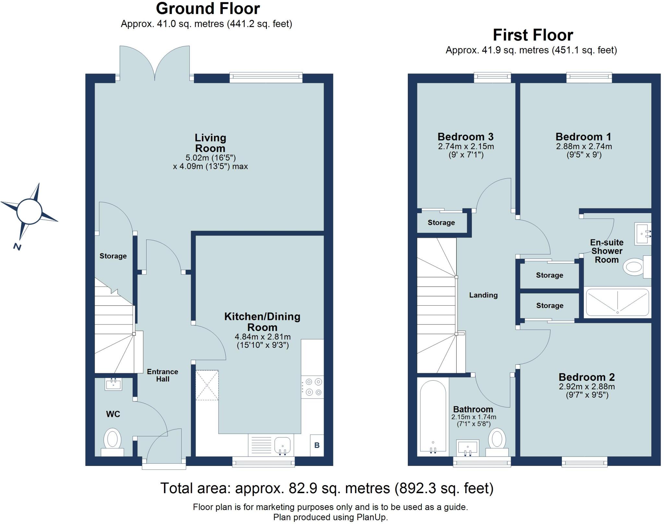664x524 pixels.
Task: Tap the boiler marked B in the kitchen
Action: pos(317,445)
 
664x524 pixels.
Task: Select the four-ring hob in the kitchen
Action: pos(313,387)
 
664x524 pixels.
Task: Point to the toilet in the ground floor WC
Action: pos(112,442)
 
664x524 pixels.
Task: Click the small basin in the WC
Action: pos(113,384)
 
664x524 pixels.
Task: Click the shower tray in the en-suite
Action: pos(617,302)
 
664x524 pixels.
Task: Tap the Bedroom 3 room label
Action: pos(466,137)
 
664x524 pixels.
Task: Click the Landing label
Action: pos(483,295)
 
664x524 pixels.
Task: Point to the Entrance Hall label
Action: pos(162,375)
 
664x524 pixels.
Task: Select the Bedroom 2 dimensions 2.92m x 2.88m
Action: pos(587,386)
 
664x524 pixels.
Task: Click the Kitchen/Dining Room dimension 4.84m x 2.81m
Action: pos(263,336)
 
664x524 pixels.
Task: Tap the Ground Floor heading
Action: pos(208,9)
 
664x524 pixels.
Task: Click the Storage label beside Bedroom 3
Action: pos(441,223)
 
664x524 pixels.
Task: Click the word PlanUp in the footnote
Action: pos(372,517)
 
